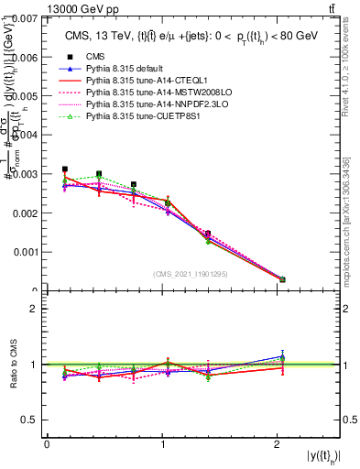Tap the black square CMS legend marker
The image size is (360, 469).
pyautogui.click(x=66, y=57)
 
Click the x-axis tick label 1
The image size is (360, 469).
pyautogui.click(x=163, y=444)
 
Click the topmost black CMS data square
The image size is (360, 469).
pyautogui.click(x=64, y=169)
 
